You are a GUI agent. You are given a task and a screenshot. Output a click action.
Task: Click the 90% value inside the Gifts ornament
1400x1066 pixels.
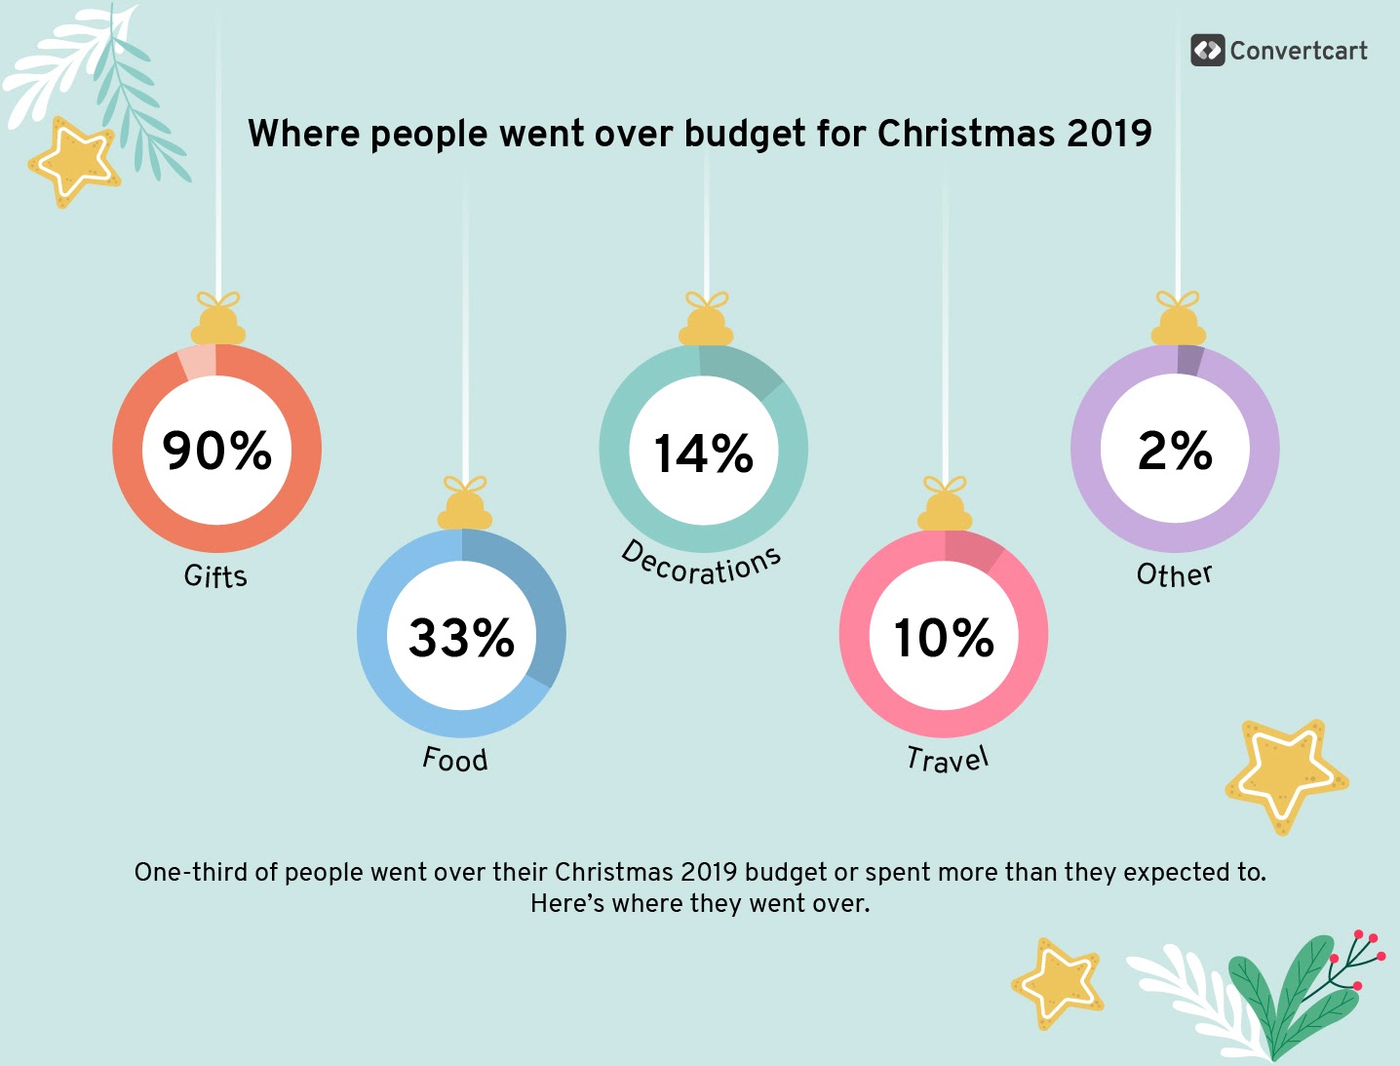coord(216,451)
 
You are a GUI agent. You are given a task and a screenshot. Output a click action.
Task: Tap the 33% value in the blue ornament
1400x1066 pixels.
coord(461,638)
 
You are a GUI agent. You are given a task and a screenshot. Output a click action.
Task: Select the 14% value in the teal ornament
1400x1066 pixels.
coord(703,454)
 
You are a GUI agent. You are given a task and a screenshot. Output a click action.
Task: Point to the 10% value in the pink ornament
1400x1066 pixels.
coord(944,638)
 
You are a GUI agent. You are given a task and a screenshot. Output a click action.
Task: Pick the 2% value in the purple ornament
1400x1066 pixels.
coord(1175,451)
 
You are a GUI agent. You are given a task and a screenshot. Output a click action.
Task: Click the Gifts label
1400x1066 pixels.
coord(215,576)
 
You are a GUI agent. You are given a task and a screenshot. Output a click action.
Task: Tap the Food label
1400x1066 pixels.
coord(455,759)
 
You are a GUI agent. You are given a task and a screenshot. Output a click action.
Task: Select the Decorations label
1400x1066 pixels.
coord(702,565)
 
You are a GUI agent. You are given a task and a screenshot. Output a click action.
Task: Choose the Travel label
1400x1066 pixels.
coord(948,759)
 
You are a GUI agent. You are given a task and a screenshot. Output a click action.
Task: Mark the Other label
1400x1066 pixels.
coord(1175,574)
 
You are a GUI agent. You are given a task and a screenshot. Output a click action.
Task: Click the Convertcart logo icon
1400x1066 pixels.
coord(1207,51)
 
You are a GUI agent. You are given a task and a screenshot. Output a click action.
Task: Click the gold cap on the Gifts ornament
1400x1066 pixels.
coord(217,322)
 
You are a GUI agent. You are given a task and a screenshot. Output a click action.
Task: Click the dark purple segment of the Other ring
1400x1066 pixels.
coord(1189,360)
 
